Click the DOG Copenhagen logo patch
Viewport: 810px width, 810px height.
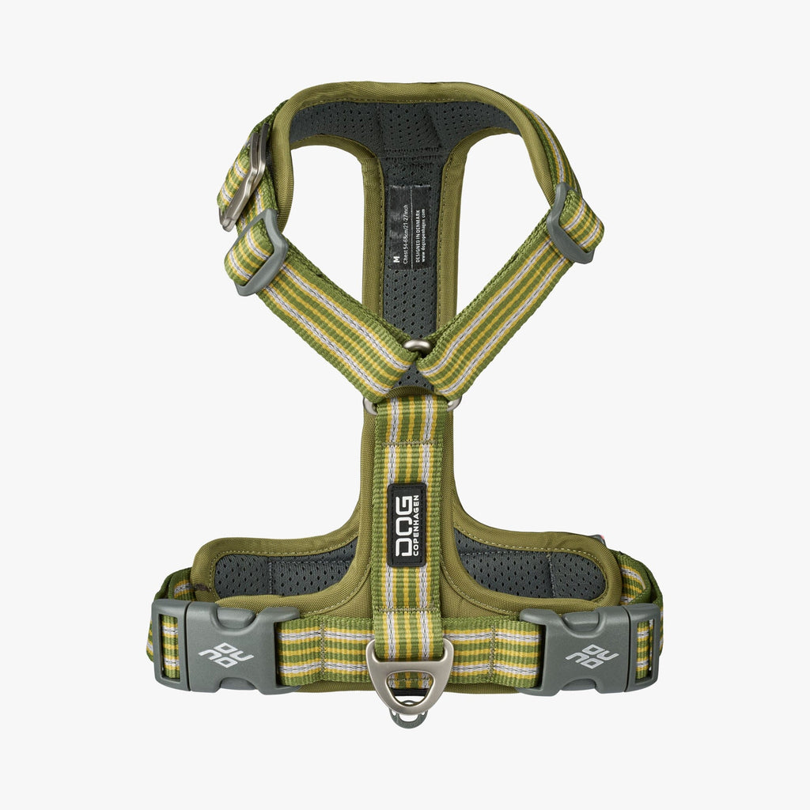coord(407,524)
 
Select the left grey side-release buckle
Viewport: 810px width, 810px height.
coord(226,645)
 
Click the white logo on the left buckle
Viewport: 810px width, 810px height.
coord(226,654)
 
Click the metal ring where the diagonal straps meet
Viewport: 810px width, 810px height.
coord(417,346)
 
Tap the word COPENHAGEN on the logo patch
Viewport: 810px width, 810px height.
coord(416,524)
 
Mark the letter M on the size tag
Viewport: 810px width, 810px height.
coord(395,258)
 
